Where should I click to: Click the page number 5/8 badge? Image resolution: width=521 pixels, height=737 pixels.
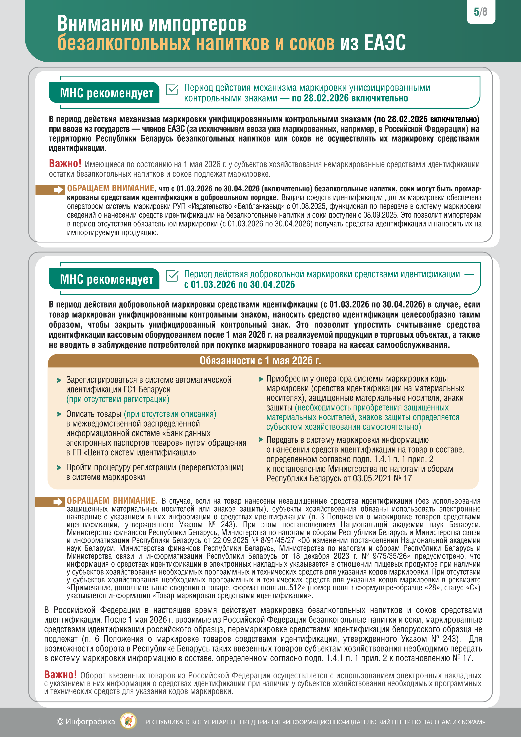click(x=480, y=12)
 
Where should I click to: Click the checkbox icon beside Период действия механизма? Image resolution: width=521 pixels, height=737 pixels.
click(x=172, y=89)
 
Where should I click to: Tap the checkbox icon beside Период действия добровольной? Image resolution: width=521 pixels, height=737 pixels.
click(x=172, y=276)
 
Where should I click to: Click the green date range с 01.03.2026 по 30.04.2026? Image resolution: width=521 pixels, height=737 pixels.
click(x=239, y=285)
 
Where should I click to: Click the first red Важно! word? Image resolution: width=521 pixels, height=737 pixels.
click(x=65, y=164)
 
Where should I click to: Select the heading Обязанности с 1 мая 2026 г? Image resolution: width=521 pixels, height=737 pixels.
click(x=260, y=361)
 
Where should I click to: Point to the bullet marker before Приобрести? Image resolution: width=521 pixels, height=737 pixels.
click(x=261, y=379)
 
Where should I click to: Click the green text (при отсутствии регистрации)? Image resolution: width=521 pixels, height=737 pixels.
click(x=118, y=399)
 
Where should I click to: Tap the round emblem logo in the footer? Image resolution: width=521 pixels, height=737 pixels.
click(x=128, y=722)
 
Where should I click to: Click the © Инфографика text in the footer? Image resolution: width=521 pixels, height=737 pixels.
click(x=86, y=722)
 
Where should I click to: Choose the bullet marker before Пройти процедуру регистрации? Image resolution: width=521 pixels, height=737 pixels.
click(x=59, y=468)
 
